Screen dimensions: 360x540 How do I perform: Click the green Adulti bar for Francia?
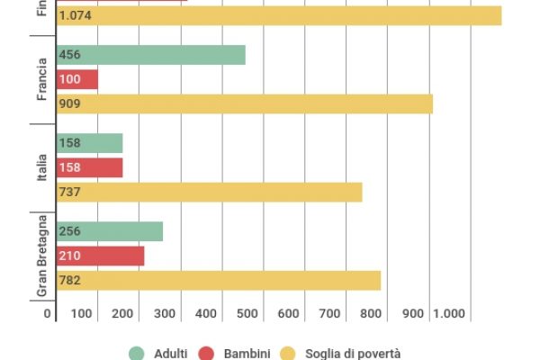(x=150, y=55)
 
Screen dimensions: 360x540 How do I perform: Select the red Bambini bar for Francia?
(x=76, y=79)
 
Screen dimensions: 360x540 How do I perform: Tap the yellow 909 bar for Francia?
(x=244, y=104)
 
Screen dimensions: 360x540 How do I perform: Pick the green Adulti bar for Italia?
(x=89, y=143)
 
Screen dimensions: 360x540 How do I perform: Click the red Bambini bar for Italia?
(x=89, y=167)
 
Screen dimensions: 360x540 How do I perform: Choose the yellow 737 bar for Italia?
(x=209, y=193)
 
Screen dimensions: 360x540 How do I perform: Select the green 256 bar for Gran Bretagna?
(x=109, y=231)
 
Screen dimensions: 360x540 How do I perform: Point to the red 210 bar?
(x=100, y=256)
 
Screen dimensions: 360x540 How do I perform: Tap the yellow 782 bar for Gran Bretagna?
(x=218, y=281)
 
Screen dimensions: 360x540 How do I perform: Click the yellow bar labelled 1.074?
(x=278, y=15)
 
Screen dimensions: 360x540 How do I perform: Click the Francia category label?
(x=42, y=79)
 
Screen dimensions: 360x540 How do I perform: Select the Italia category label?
(x=42, y=167)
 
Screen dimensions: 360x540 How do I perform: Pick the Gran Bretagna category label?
(x=42, y=256)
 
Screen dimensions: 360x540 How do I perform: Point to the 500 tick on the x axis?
(x=247, y=313)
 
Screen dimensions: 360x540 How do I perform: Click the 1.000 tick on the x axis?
(x=447, y=313)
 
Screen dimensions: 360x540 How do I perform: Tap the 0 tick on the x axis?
(x=48, y=313)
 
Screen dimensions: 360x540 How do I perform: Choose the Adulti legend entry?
(x=158, y=354)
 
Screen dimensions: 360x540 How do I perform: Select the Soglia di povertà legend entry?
(x=343, y=354)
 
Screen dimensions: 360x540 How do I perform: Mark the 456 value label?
(x=69, y=55)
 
